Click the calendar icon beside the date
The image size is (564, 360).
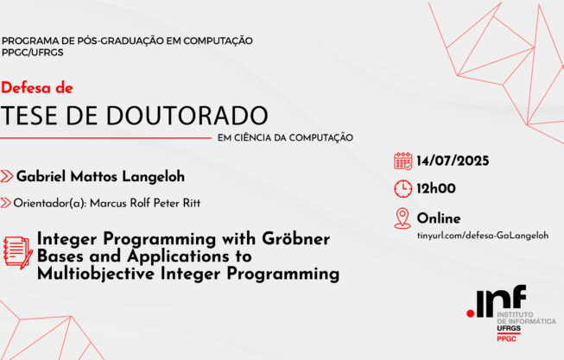pyautogui.click(x=402, y=161)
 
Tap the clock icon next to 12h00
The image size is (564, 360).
pyautogui.click(x=402, y=189)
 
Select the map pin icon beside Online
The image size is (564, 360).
pyautogui.click(x=402, y=218)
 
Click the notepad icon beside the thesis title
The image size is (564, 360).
pyautogui.click(x=17, y=253)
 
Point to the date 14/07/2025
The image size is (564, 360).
pyautogui.click(x=453, y=161)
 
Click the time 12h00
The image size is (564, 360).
pyautogui.click(x=436, y=188)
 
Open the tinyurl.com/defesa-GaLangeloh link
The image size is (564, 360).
pyautogui.click(x=483, y=236)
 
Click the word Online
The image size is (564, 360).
pyautogui.click(x=439, y=218)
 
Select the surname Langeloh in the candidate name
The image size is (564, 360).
pyautogui.click(x=153, y=177)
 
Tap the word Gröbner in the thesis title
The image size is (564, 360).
pyautogui.click(x=295, y=238)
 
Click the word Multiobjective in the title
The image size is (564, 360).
pyautogui.click(x=96, y=274)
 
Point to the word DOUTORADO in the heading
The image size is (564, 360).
pyautogui.click(x=187, y=116)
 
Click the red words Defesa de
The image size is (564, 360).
pyautogui.click(x=37, y=88)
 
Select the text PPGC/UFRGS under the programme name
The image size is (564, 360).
pyautogui.click(x=32, y=53)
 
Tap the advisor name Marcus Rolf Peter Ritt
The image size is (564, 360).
pyautogui.click(x=145, y=203)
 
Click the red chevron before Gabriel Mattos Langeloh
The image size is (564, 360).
pyautogui.click(x=7, y=176)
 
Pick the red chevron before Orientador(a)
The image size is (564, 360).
pyautogui.click(x=5, y=203)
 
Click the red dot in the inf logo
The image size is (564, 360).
pyautogui.click(x=470, y=314)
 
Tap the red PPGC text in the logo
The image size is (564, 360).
pyautogui.click(x=506, y=338)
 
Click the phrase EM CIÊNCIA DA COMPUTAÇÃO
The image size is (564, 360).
pyautogui.click(x=285, y=138)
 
